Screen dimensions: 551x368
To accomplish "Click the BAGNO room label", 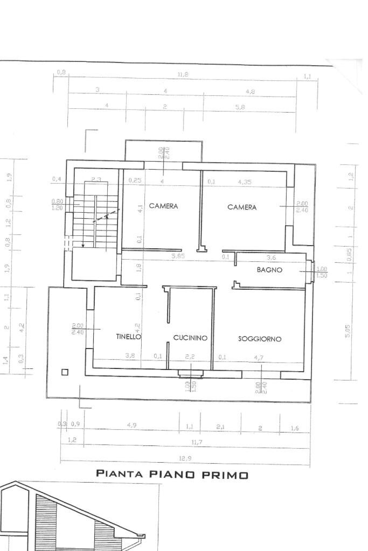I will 269,270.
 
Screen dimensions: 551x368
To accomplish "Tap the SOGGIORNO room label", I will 260,339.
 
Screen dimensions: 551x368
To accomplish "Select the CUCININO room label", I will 190,338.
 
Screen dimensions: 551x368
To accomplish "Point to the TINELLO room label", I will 128,337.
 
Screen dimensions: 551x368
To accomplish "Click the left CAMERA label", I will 163,206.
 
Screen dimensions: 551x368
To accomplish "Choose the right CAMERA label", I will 242,207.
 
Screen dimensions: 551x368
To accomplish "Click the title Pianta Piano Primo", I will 172,475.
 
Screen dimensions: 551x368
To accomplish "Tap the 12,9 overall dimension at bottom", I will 185,458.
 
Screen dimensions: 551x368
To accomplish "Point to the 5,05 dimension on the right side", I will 348,331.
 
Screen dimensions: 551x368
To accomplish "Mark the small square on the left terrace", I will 65,372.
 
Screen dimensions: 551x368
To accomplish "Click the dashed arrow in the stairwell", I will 106,217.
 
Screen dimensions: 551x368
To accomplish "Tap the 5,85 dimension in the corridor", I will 178,256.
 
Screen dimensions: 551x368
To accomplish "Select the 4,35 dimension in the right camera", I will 245,182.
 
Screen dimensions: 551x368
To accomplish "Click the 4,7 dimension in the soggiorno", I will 260,356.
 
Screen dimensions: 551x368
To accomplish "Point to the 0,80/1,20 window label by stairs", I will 57,205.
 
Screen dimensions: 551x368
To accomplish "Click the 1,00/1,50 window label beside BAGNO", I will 322,272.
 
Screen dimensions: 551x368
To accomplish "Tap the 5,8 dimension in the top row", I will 240,107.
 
